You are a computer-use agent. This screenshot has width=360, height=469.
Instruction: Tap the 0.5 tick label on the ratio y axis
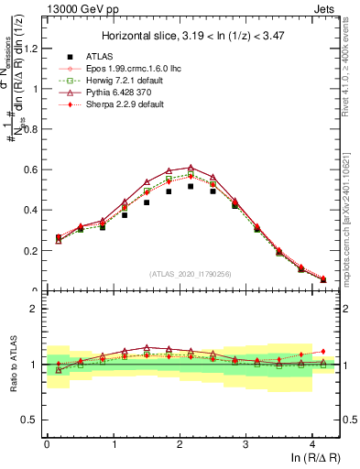click(30, 420)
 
